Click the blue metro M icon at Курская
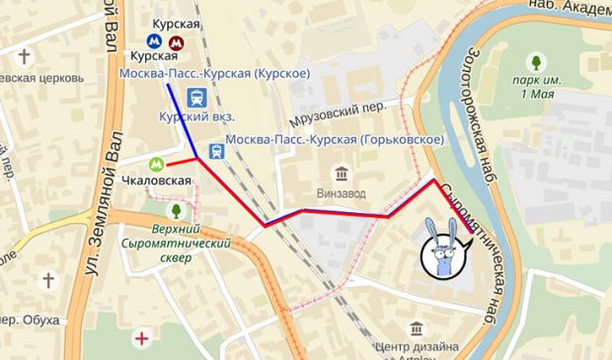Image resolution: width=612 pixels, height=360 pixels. [x=155, y=42]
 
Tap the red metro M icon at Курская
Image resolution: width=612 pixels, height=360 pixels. [x=175, y=42]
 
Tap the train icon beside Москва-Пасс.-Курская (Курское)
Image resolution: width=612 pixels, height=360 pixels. [x=196, y=97]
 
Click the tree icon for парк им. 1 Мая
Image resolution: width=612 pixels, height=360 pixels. [x=537, y=61]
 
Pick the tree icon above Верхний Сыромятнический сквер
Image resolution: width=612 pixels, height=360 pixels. [x=176, y=210]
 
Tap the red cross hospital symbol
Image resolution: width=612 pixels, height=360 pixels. [x=145, y=339]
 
